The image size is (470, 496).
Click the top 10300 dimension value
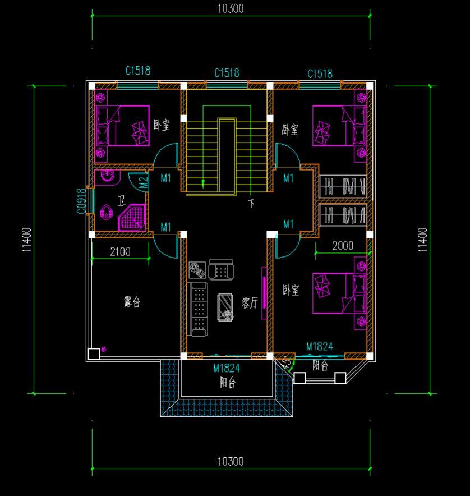click(230, 8)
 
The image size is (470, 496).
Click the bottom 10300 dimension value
click(230, 461)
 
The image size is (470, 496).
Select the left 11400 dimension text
click(27, 240)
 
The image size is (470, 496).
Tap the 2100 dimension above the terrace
click(120, 252)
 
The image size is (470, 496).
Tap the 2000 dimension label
click(343, 246)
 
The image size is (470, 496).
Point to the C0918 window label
click(81, 199)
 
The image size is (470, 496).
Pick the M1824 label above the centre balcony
click(227, 368)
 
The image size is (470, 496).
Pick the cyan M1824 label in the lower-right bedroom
click(319, 347)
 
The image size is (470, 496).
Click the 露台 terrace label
click(132, 302)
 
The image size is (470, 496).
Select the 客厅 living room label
click(250, 303)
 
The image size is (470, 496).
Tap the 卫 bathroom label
click(121, 200)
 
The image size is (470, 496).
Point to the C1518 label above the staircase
click(227, 73)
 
